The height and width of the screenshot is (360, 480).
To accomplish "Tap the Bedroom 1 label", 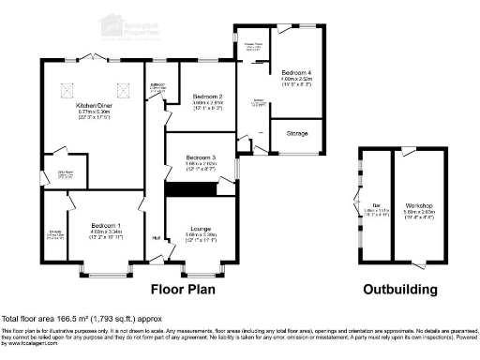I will [x=105, y=226].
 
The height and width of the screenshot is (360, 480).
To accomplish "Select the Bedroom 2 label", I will [x=207, y=97].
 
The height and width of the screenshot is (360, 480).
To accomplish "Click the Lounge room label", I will [x=200, y=228].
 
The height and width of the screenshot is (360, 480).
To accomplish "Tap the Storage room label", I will [x=297, y=134].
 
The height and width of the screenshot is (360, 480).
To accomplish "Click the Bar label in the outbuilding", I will [x=374, y=206].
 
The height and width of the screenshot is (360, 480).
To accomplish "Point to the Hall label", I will [x=156, y=236].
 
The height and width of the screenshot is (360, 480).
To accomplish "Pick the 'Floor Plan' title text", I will [x=185, y=290].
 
